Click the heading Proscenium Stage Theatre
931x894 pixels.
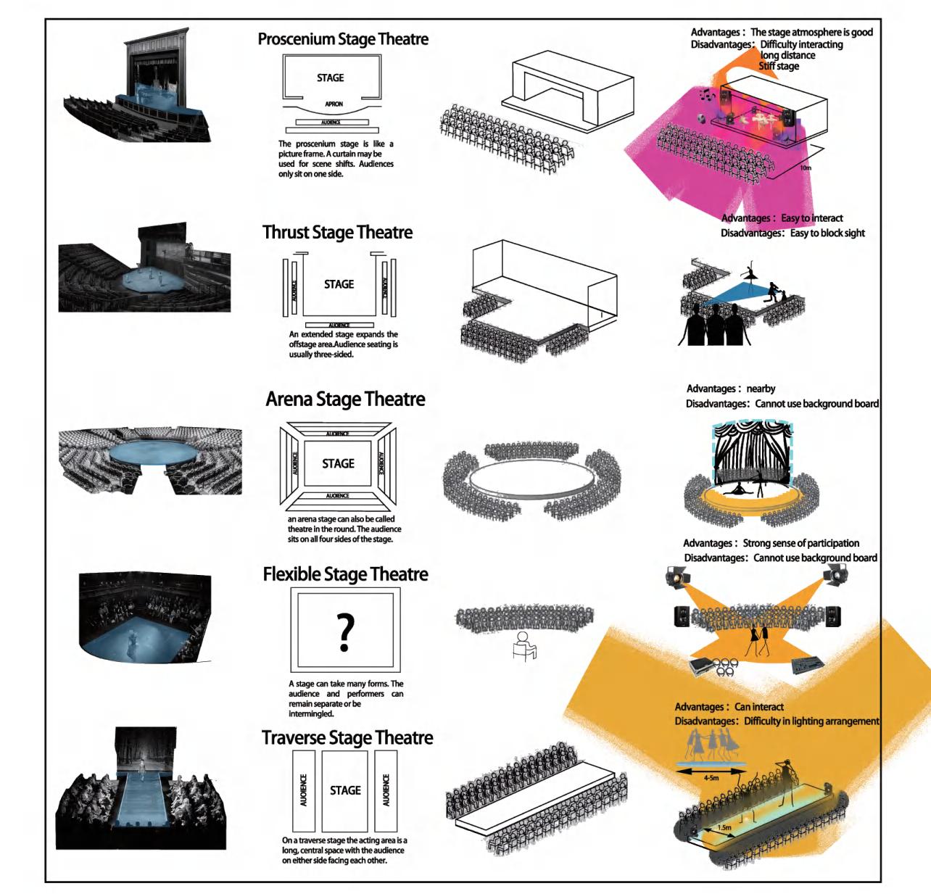point(343,39)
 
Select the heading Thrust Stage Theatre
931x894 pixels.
point(337,233)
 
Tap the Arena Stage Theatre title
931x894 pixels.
point(345,400)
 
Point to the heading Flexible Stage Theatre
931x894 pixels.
point(345,575)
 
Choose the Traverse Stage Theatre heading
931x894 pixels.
point(347,738)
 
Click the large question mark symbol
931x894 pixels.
point(346,631)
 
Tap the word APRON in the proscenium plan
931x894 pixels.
point(334,104)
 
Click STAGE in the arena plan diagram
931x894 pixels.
point(338,463)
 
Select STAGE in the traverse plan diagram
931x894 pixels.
point(345,790)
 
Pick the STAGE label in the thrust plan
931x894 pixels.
point(339,284)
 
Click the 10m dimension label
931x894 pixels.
point(806,167)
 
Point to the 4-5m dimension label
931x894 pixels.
point(711,778)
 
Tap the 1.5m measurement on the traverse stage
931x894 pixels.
point(724,827)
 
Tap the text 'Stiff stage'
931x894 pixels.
point(779,66)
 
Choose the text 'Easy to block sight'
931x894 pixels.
point(827,233)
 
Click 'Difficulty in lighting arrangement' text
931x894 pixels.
point(811,721)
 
